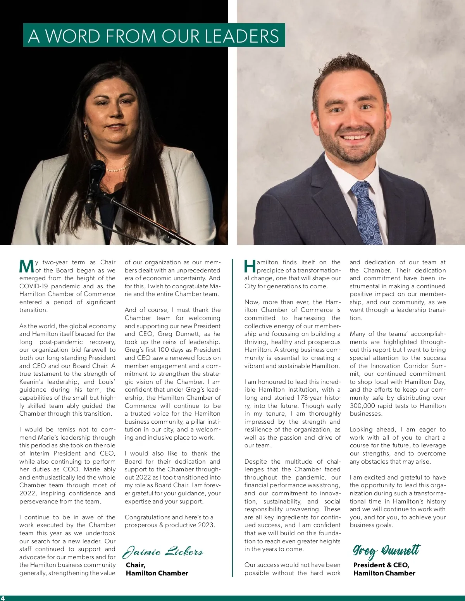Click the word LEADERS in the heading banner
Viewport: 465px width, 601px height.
click(241, 36)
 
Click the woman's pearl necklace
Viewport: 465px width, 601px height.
click(118, 169)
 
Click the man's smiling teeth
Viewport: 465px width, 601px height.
click(354, 137)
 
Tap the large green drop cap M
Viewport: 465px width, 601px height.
click(26, 266)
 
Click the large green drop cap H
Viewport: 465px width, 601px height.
click(250, 266)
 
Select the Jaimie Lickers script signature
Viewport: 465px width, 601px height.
click(163, 551)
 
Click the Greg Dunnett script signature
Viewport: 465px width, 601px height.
click(386, 550)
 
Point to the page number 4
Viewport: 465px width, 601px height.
click(3, 598)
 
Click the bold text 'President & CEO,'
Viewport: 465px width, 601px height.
click(381, 565)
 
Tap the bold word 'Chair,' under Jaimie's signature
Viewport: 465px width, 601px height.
click(136, 565)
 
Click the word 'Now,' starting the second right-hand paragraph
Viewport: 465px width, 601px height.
click(252, 302)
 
